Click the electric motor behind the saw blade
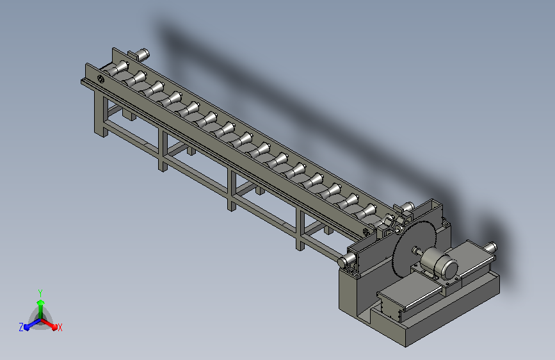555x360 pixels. click(439, 263)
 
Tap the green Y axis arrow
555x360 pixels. click(41, 309)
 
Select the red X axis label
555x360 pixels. click(60, 327)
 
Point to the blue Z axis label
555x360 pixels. click(21, 327)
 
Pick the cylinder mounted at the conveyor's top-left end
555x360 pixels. click(141, 54)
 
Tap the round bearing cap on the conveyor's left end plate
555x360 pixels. click(101, 79)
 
